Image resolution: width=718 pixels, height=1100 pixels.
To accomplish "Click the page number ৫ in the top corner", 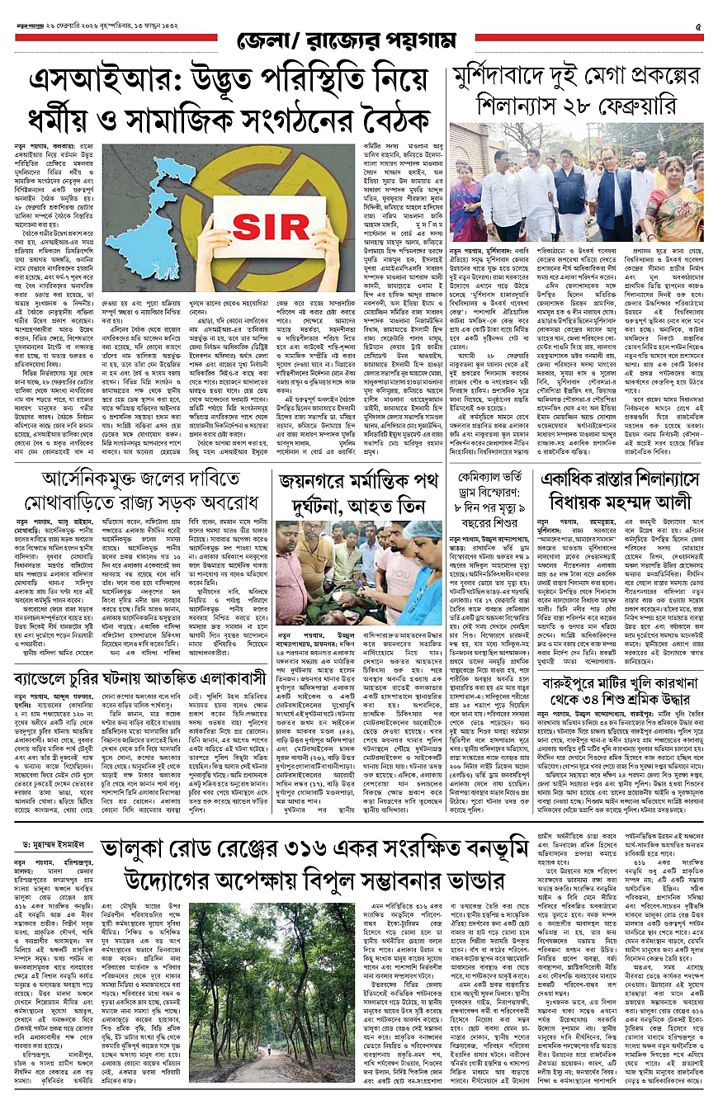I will click(697, 27).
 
